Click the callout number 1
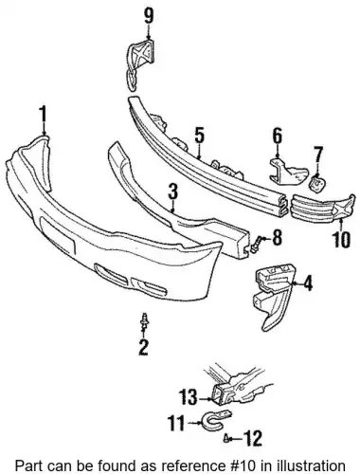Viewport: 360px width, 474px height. tap(43, 114)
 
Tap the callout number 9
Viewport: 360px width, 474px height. tap(148, 15)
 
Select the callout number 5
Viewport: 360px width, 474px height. tap(199, 136)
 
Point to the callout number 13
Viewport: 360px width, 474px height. tap(188, 397)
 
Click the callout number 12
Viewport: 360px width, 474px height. tap(253, 439)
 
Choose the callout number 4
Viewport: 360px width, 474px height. tap(308, 283)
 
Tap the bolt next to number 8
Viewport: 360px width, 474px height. tap(255, 245)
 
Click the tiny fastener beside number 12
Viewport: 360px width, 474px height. tap(226, 439)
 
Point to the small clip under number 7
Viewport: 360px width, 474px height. tap(316, 184)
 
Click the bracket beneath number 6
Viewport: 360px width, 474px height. tap(287, 172)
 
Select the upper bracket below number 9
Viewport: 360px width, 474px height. tap(140, 64)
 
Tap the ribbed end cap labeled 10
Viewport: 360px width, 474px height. tap(322, 208)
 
